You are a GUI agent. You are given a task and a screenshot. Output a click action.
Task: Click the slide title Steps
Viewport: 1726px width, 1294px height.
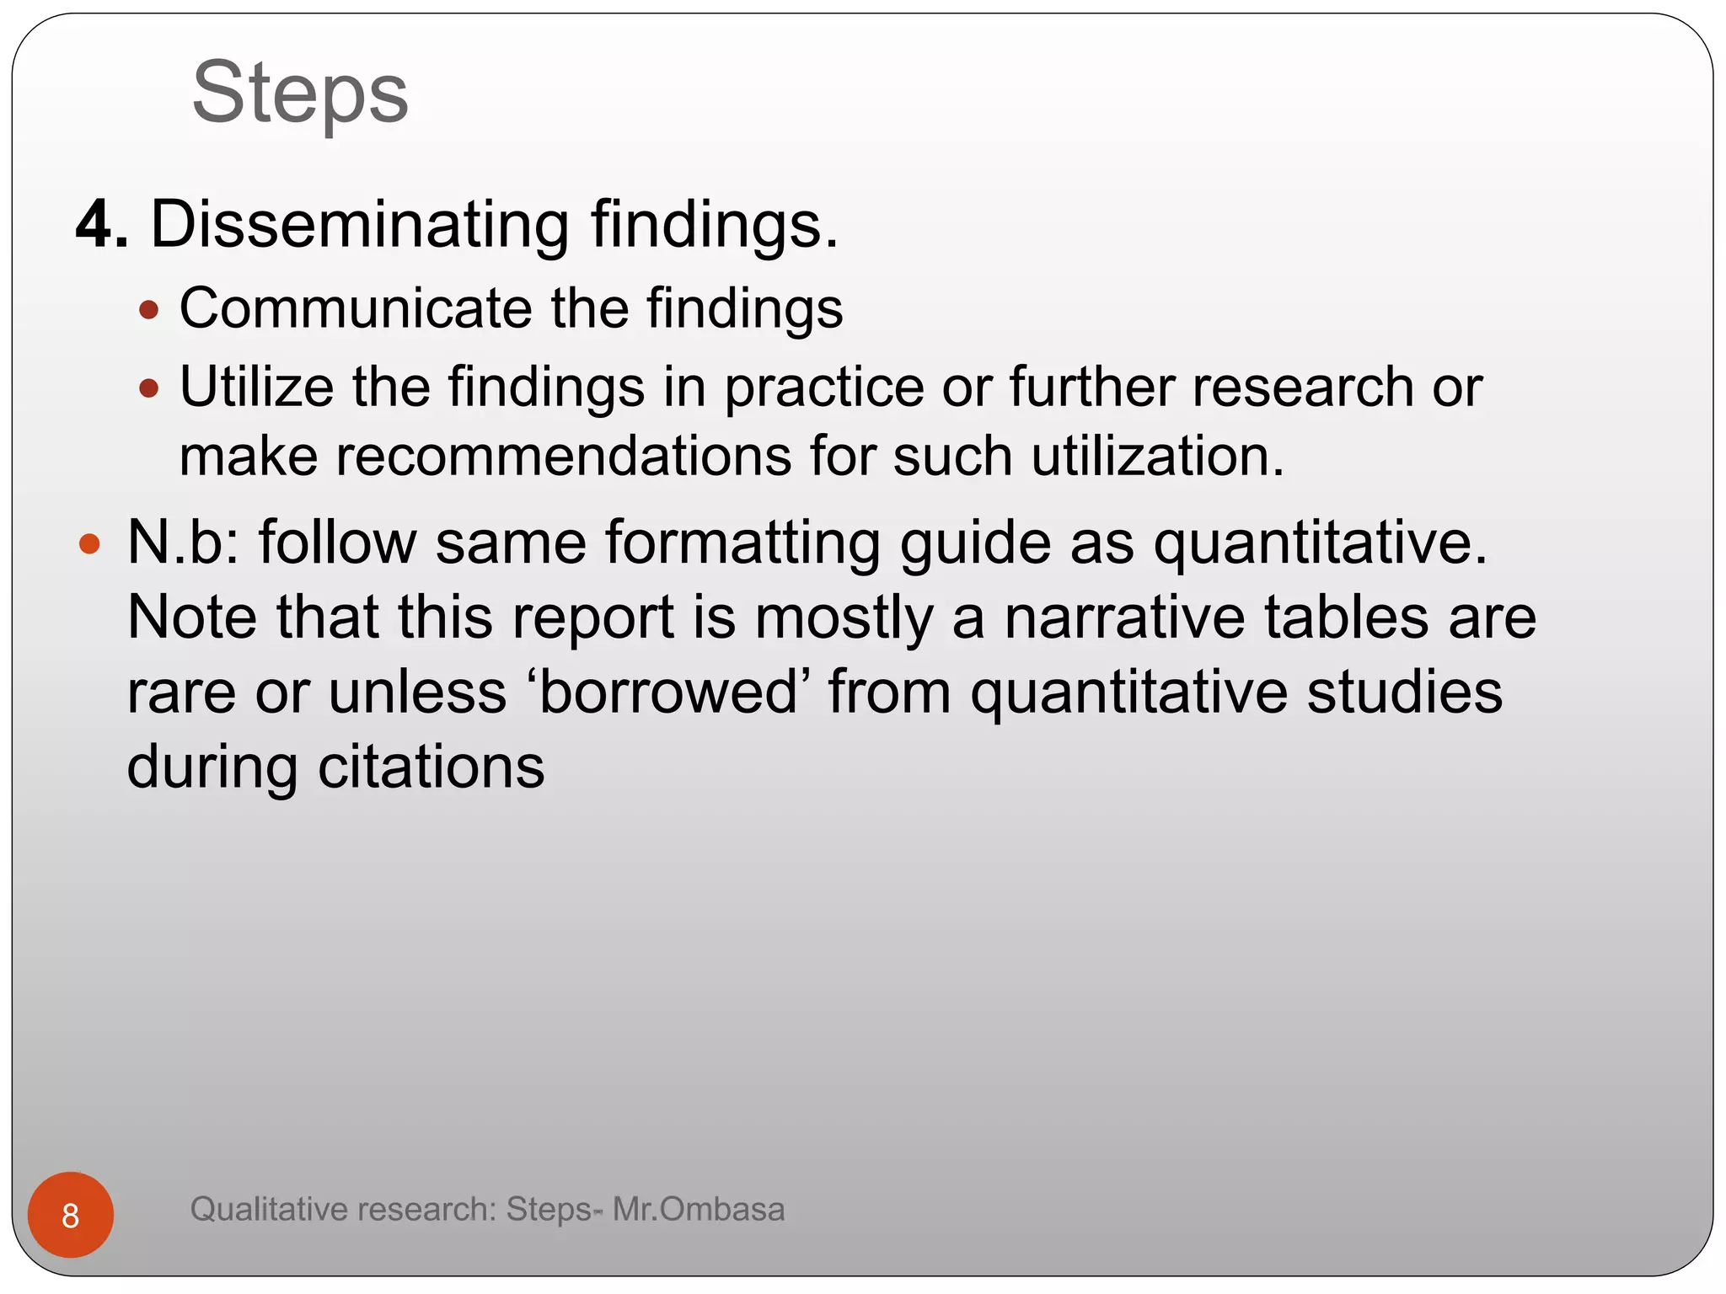[x=300, y=93]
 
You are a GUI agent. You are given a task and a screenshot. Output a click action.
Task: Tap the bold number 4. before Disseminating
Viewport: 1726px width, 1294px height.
[x=102, y=225]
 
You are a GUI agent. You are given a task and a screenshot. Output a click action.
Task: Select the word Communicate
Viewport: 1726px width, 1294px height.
[x=355, y=307]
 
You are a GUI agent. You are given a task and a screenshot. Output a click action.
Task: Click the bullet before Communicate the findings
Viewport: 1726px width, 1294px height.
[x=149, y=310]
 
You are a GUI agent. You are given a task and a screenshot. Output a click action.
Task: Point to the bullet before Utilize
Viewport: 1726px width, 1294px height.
[x=149, y=388]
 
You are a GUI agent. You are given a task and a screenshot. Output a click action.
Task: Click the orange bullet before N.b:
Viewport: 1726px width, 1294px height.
[x=89, y=543]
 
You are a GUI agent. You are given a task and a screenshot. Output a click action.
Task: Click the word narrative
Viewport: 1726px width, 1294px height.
[x=1124, y=617]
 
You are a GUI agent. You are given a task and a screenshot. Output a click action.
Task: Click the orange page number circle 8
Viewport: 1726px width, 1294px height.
[x=71, y=1215]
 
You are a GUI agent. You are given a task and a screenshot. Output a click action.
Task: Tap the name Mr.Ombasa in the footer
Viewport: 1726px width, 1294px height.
[x=699, y=1209]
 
